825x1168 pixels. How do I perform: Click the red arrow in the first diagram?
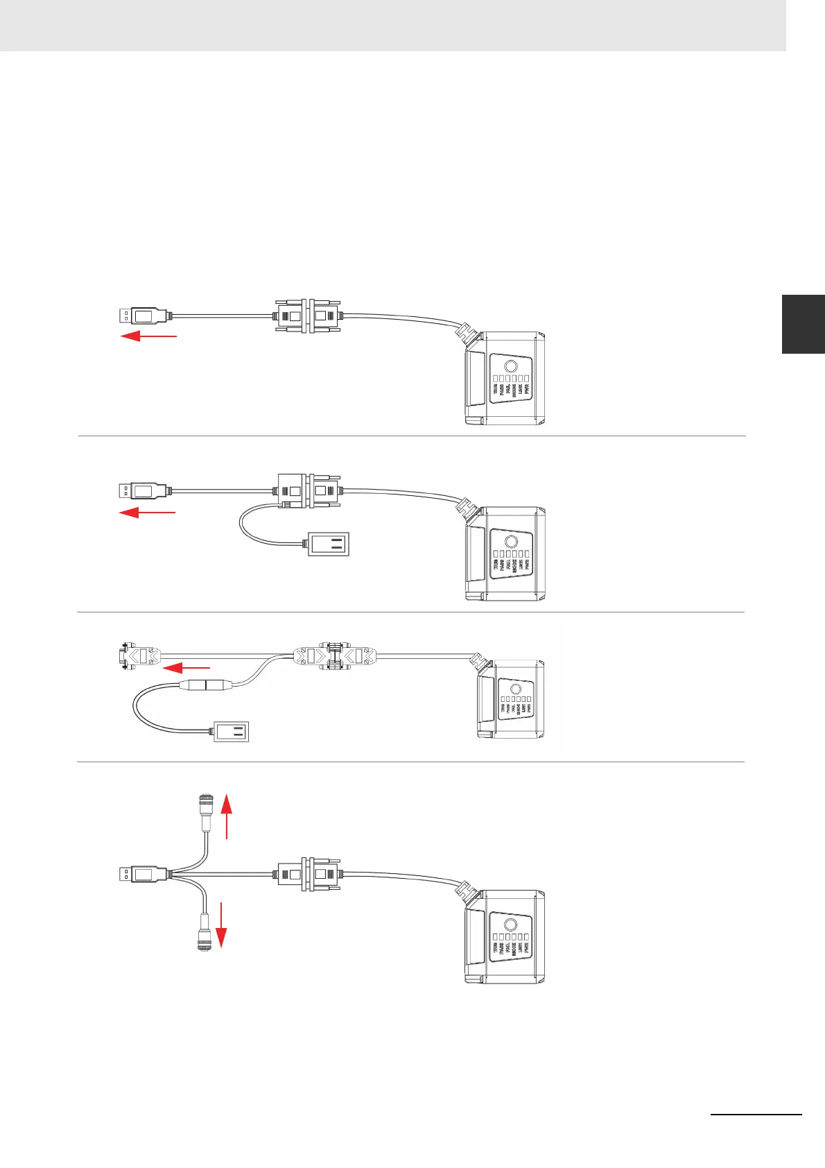click(149, 336)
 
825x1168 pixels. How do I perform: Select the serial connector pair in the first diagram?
click(308, 316)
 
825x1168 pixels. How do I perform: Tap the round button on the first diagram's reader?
click(510, 367)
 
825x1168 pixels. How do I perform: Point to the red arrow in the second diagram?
click(148, 513)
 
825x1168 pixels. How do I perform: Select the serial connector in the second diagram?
click(308, 491)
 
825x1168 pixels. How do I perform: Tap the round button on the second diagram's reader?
click(510, 542)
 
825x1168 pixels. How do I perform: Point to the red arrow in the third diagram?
click(185, 667)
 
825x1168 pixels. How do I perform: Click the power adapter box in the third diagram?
click(230, 732)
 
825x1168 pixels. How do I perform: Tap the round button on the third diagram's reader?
click(515, 689)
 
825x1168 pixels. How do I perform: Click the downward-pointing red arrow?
click(221, 925)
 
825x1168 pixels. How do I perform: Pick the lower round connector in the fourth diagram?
click(204, 931)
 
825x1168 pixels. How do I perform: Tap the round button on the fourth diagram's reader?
click(510, 925)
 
